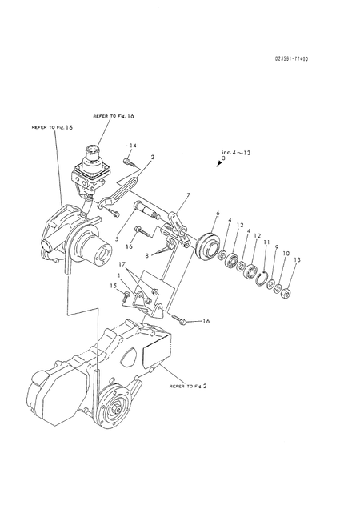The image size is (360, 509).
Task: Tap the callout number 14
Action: point(134,145)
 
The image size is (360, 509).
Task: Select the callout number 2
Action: point(153,158)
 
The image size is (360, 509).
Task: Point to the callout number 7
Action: point(188,195)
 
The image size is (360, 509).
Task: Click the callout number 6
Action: point(216,214)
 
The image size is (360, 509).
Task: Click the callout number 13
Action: point(298,261)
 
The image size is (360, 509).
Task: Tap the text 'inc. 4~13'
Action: point(237,152)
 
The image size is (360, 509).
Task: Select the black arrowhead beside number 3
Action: point(220,164)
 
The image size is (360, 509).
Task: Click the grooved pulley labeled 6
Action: point(206,244)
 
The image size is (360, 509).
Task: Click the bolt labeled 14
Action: point(127,162)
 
